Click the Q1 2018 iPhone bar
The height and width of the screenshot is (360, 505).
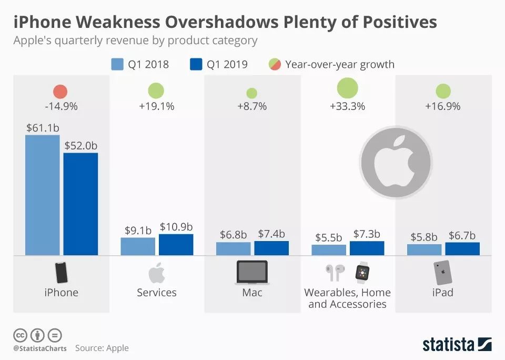pyautogui.click(x=43, y=195)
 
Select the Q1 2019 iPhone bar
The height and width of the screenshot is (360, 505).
pyautogui.click(x=80, y=204)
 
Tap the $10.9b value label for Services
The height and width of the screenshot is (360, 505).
pyautogui.click(x=176, y=226)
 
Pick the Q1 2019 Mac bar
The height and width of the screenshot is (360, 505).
pyautogui.click(x=271, y=248)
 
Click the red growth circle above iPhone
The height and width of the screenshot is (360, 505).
pyautogui.click(x=60, y=92)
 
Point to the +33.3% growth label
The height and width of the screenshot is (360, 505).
pyautogui.click(x=347, y=106)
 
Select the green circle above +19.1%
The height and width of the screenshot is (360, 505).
pyautogui.click(x=156, y=91)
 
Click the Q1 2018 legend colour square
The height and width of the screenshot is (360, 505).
pyautogui.click(x=117, y=65)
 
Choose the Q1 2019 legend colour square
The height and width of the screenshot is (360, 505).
pyautogui.click(x=195, y=65)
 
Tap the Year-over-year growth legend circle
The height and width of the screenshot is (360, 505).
pyautogui.click(x=275, y=65)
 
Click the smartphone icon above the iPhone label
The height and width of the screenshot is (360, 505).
pyautogui.click(x=62, y=273)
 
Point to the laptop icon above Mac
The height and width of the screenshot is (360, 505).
pyautogui.click(x=252, y=272)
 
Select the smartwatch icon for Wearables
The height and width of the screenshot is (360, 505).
pyautogui.click(x=362, y=272)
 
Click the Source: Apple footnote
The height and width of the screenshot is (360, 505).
pyautogui.click(x=102, y=348)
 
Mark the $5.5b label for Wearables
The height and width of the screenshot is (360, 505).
pyautogui.click(x=329, y=237)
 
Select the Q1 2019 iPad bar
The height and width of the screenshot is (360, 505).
pyautogui.click(x=462, y=248)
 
